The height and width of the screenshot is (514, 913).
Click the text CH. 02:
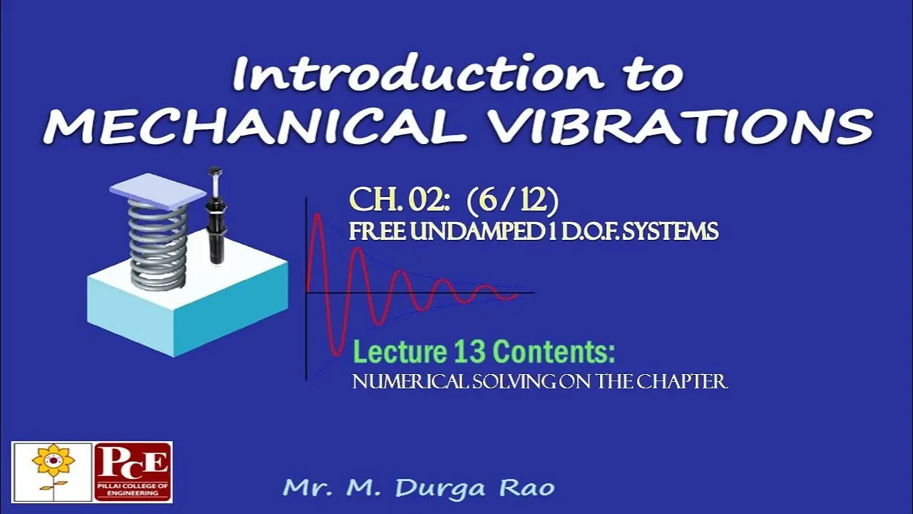pos(399,201)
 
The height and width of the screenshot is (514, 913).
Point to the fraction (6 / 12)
pos(512,201)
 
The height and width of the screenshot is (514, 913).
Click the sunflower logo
pos(53,472)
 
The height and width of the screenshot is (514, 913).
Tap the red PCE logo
pos(133,472)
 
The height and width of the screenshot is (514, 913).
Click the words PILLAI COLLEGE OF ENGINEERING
pos(133,490)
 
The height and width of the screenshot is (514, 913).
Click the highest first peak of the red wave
pos(318,213)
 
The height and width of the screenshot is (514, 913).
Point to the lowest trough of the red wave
pos(337,354)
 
